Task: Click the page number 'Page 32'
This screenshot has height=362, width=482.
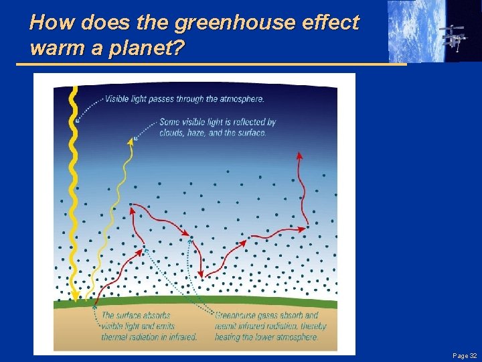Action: tap(464, 355)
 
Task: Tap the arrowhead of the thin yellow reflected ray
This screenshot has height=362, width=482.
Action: tap(131, 140)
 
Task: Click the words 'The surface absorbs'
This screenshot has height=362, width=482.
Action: tap(136, 315)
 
